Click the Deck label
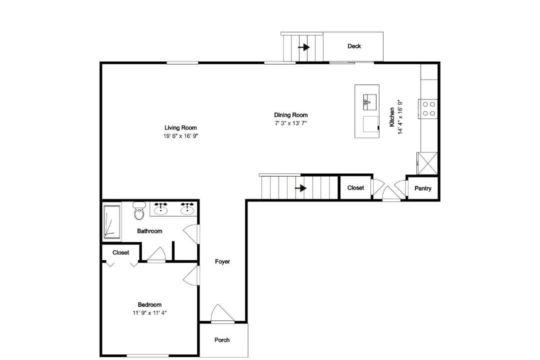(x=354, y=46)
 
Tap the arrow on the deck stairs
(x=304, y=47)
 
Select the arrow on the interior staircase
(x=300, y=188)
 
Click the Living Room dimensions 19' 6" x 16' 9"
(x=181, y=136)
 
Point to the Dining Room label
(x=290, y=115)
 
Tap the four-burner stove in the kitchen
(x=428, y=108)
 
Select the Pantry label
(x=422, y=188)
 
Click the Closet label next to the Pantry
(x=355, y=188)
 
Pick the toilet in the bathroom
(x=139, y=210)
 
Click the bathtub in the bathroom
(x=112, y=222)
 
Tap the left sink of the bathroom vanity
(x=161, y=209)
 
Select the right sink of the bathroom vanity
(x=187, y=209)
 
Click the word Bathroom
(x=149, y=231)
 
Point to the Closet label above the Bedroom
(x=120, y=252)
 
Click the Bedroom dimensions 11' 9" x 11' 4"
(x=150, y=313)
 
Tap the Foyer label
(x=222, y=261)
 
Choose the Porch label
(x=222, y=340)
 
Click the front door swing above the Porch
(x=222, y=314)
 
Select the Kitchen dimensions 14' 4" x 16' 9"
(x=400, y=117)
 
